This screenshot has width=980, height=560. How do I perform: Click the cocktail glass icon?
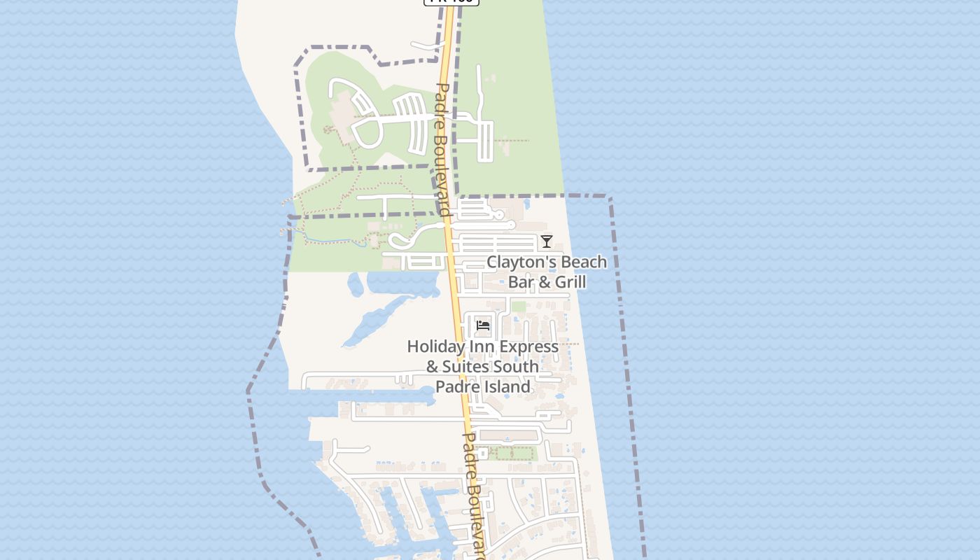(547, 241)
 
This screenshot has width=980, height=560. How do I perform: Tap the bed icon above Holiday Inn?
(483, 325)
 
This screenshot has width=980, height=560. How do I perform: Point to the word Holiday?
(435, 346)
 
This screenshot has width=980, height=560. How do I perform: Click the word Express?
(526, 346)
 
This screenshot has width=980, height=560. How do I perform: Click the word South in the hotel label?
(516, 367)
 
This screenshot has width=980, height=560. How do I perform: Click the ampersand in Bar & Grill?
(538, 282)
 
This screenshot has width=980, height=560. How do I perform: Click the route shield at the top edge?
(451, 1)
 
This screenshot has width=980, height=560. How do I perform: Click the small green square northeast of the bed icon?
(518, 307)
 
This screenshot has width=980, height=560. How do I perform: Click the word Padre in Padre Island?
(456, 386)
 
